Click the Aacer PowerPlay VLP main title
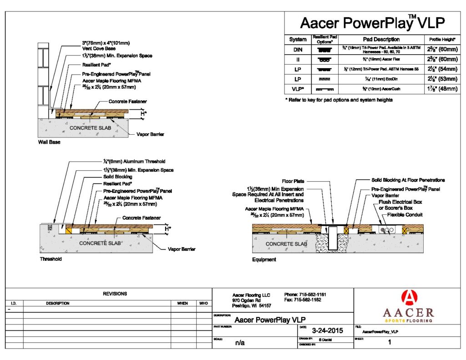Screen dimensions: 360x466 (x=372, y=23)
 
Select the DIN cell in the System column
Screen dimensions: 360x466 (x=298, y=50)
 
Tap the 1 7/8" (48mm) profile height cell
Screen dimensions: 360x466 (x=441, y=89)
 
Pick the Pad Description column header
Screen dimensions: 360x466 (x=381, y=40)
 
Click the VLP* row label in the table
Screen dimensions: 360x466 (x=298, y=89)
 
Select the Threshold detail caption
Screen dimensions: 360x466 (x=51, y=259)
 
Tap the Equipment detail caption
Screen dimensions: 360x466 (x=264, y=260)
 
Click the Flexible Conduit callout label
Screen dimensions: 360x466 (x=405, y=214)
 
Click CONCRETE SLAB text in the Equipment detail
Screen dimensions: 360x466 (x=286, y=244)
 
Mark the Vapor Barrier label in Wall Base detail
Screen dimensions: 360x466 (x=150, y=134)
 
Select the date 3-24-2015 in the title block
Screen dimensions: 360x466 (x=327, y=330)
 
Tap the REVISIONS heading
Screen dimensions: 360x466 (x=115, y=294)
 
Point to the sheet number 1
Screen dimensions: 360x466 (x=389, y=343)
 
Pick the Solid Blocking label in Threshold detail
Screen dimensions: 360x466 (x=118, y=177)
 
